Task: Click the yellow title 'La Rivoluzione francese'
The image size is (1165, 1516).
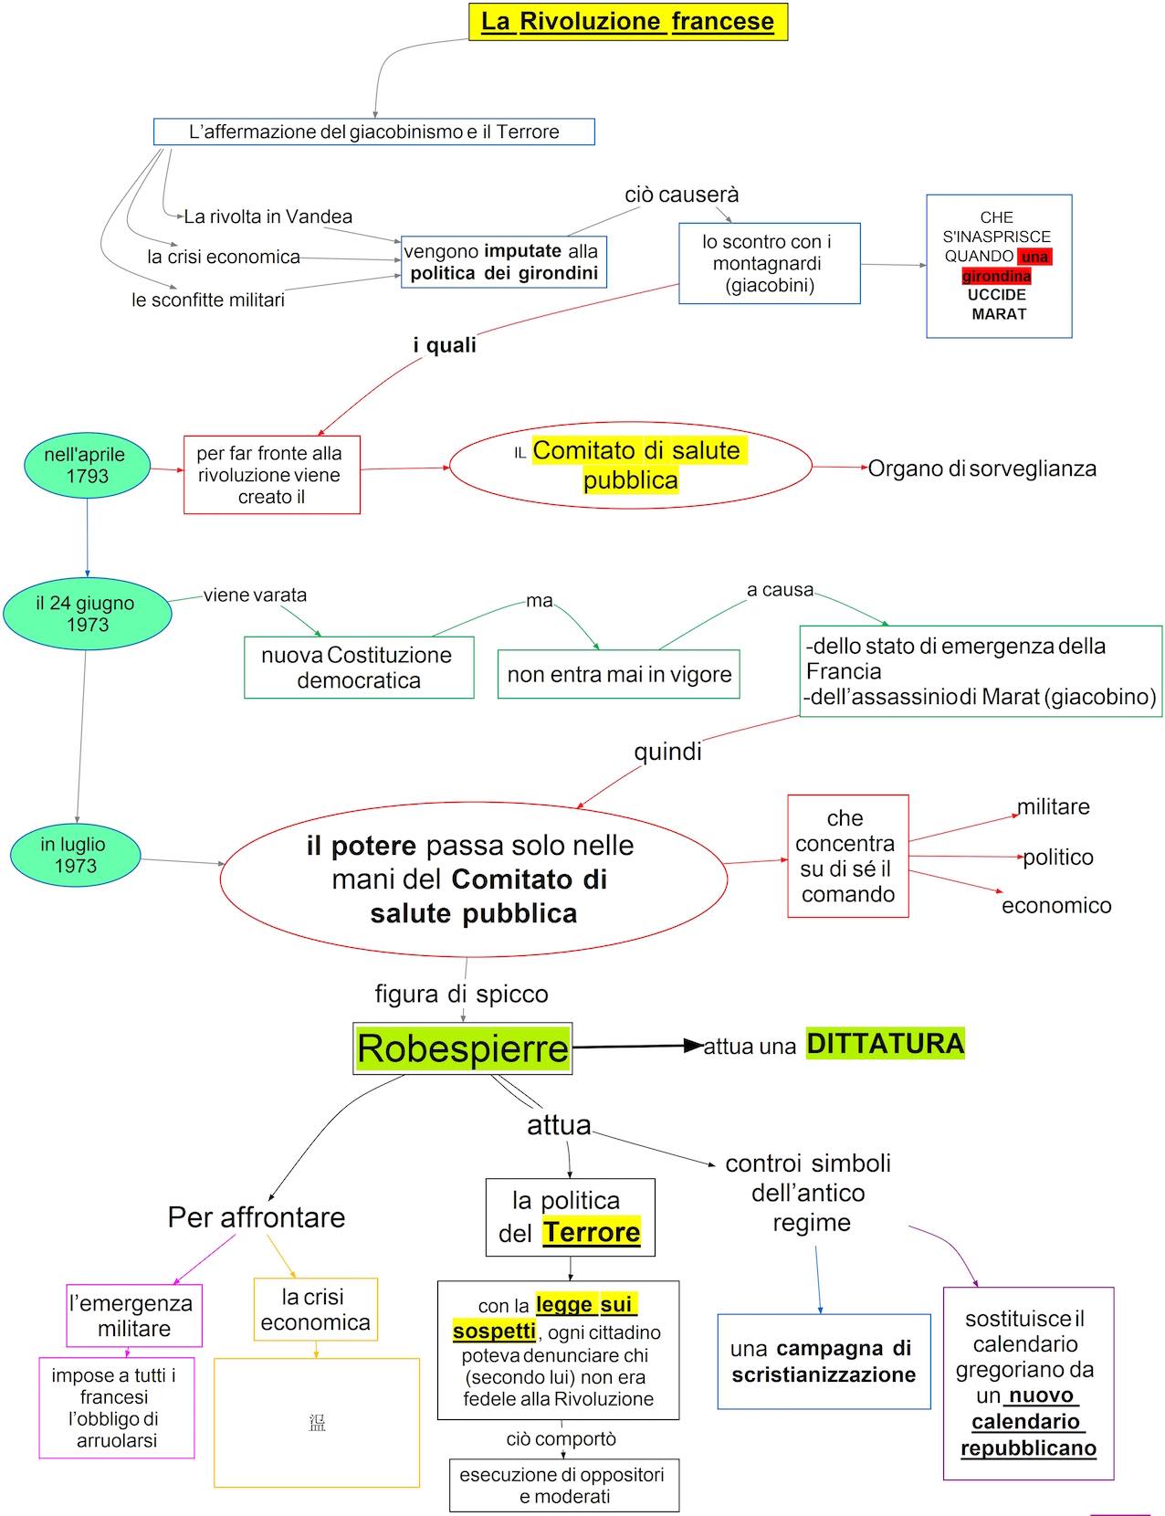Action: point(628,22)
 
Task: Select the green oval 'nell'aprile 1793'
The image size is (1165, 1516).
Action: point(88,466)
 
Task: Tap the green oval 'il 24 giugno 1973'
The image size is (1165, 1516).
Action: point(87,614)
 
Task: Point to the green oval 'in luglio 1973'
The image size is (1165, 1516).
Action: point(75,856)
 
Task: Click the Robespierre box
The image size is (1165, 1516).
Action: point(463,1048)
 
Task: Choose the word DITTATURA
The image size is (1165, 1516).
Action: point(885,1044)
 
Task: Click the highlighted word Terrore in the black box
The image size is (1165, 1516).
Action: point(592,1233)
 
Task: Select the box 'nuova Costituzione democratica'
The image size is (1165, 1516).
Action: point(359,668)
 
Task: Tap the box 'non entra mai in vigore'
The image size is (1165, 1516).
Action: point(619,674)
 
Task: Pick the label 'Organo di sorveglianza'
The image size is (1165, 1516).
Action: point(981,468)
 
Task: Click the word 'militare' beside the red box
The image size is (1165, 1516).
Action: point(1054,807)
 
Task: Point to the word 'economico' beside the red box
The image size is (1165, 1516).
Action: point(1056,906)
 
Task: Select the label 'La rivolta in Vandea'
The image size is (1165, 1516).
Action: point(268,216)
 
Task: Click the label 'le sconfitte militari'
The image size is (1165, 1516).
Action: point(208,300)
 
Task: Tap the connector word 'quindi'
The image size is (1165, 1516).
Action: point(668,752)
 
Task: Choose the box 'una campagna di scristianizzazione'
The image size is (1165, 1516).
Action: point(824,1362)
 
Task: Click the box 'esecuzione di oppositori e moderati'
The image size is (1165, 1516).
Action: point(564,1485)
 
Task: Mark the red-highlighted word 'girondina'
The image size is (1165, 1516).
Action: point(996,276)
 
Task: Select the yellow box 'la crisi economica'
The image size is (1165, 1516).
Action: point(315,1310)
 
